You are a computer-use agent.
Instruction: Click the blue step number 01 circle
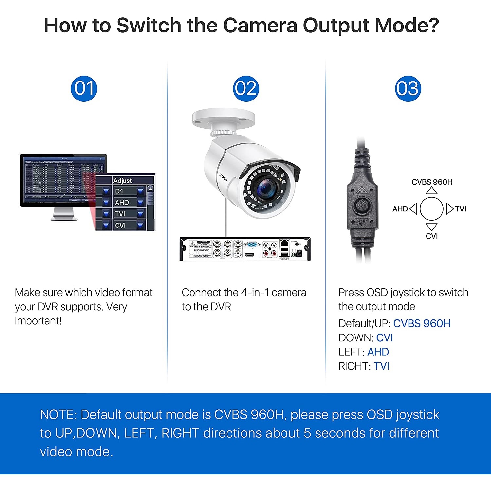click(x=84, y=89)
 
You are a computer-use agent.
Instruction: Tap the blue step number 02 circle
click(x=246, y=89)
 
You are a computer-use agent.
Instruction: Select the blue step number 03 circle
click(x=408, y=89)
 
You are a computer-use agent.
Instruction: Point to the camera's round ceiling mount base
click(x=224, y=118)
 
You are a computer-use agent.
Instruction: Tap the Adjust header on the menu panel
click(x=122, y=180)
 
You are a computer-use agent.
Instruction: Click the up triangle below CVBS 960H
click(x=432, y=191)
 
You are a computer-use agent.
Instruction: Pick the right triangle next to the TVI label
click(x=450, y=209)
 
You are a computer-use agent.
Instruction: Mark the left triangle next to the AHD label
click(x=413, y=209)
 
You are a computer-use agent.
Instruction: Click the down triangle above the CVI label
click(x=432, y=227)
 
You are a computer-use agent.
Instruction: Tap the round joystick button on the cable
click(x=361, y=206)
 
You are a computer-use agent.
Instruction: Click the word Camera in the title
click(x=260, y=25)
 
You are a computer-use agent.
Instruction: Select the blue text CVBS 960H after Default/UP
click(x=422, y=323)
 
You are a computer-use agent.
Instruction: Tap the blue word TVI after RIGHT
click(x=381, y=366)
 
